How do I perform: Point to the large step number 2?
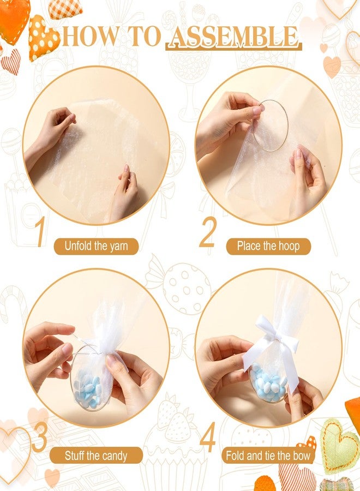[x=208, y=232]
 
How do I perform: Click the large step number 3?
[x=39, y=438]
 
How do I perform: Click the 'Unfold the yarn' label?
[x=96, y=246]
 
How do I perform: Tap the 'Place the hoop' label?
[x=268, y=246]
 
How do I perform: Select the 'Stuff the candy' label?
[x=96, y=455]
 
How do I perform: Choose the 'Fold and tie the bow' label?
[x=268, y=455]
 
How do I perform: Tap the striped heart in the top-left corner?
[x=10, y=61]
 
